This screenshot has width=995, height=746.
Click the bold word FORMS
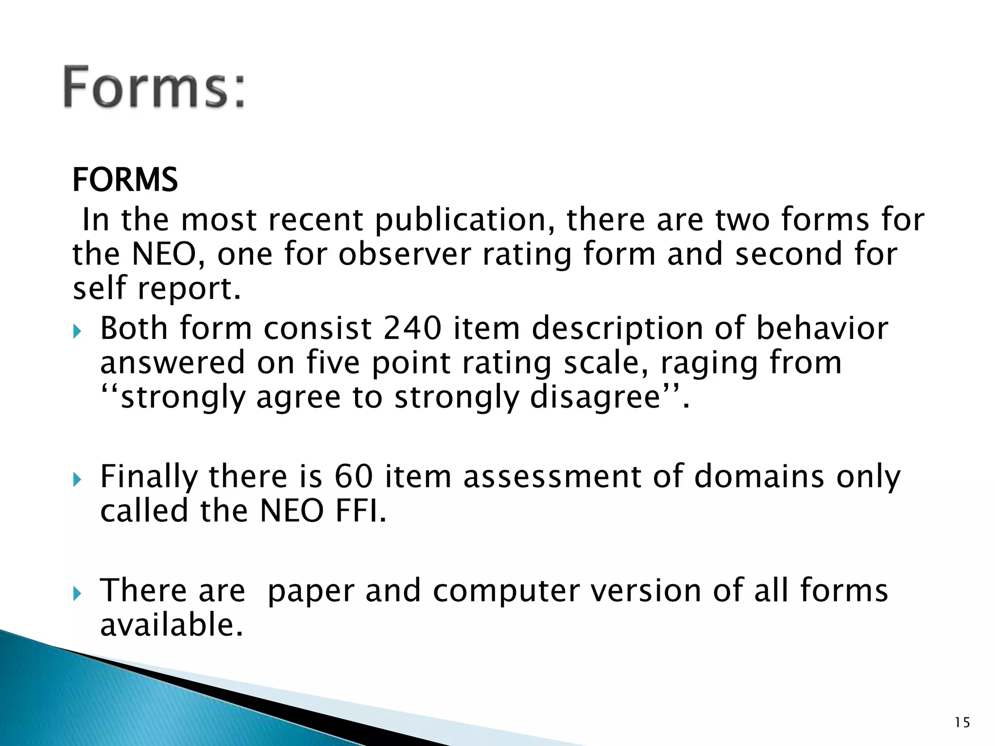coord(125,180)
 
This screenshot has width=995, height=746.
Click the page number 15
coord(962,723)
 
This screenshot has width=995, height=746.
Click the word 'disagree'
coord(596,398)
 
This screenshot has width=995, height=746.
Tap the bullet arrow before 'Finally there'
coord(77,480)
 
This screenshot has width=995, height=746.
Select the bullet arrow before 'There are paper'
coord(77,593)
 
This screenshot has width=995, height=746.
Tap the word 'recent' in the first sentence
coord(315,220)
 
